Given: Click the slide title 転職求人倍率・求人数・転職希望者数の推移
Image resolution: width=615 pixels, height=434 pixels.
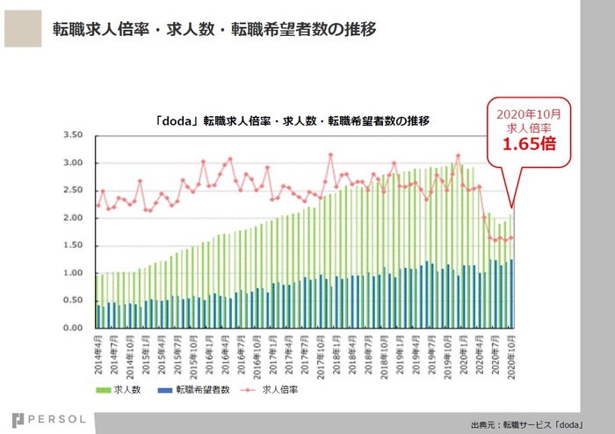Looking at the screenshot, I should pos(214,31).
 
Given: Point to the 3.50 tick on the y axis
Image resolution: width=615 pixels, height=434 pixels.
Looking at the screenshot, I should pos(79,135).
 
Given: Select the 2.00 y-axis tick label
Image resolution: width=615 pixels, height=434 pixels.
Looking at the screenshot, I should pos(79,218).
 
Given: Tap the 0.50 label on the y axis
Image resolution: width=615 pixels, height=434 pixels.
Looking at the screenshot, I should pos(79,300).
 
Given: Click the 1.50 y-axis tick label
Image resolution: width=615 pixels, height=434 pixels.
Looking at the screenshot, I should pos(79,245).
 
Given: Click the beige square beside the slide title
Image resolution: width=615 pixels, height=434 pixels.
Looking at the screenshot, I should pos(22,30).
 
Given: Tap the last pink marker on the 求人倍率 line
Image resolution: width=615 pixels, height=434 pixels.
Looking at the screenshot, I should pos(511,237).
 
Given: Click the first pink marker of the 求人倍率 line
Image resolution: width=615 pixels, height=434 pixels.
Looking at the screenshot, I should pos(97,206).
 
